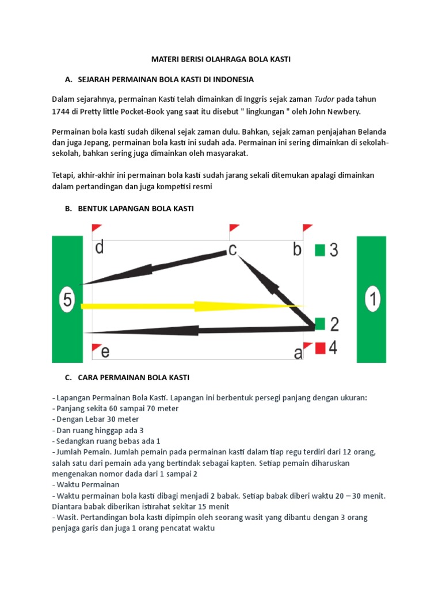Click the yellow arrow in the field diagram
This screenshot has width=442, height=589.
click(x=190, y=305)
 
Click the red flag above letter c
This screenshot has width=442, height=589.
click(x=234, y=229)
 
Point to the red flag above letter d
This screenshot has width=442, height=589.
click(x=96, y=229)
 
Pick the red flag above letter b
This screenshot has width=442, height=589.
click(x=307, y=229)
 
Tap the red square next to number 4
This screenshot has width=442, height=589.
click(x=321, y=347)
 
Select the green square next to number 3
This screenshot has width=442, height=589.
click(x=321, y=250)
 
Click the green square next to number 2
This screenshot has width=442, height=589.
click(x=321, y=323)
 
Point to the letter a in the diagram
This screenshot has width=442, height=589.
click(x=298, y=353)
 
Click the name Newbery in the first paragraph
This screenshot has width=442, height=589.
click(x=343, y=112)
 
